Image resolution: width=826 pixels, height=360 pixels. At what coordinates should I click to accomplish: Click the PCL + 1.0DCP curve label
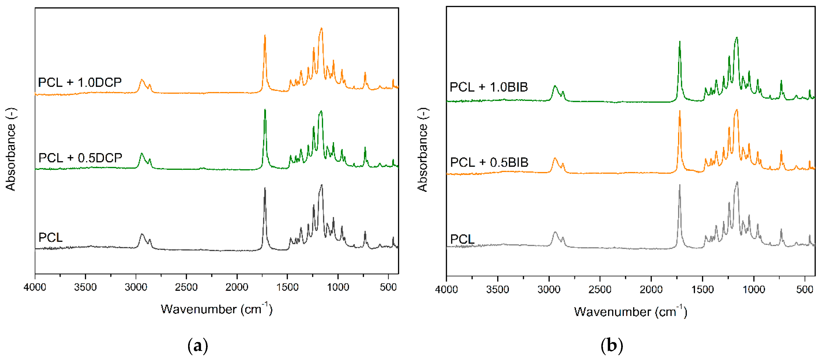(80, 82)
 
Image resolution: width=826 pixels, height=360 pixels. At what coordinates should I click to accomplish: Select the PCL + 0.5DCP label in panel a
(80, 158)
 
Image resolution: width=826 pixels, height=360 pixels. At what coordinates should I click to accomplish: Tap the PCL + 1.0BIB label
(489, 87)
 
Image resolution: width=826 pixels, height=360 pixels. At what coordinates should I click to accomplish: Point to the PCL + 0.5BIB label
(489, 162)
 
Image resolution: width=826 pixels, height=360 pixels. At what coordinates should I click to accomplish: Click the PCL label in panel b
(462, 239)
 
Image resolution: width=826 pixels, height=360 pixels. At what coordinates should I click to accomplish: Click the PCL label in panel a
(50, 237)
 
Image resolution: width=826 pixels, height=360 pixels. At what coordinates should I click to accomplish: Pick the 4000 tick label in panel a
(35, 287)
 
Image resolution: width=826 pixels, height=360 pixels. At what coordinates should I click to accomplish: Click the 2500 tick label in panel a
(186, 287)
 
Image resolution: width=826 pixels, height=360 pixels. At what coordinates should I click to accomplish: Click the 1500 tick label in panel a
(287, 287)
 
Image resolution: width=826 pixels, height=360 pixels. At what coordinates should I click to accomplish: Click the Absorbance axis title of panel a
(11, 149)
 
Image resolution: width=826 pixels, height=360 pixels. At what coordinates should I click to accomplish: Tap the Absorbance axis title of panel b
(422, 150)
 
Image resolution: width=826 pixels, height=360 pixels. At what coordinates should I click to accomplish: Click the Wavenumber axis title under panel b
(630, 311)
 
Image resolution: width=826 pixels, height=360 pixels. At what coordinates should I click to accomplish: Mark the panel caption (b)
(611, 346)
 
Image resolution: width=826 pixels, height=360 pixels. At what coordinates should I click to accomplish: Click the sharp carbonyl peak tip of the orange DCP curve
(265, 36)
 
